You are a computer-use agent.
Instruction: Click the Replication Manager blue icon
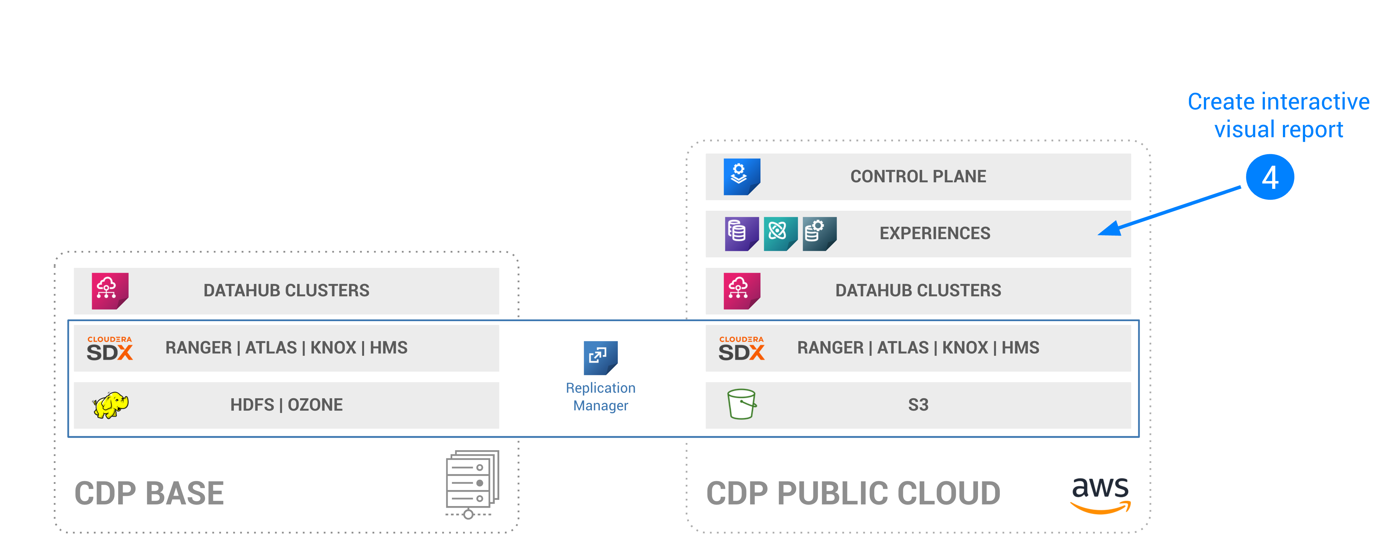coord(600,358)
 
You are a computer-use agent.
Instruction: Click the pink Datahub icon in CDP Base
coord(110,291)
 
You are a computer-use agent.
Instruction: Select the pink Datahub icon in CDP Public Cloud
coord(742,291)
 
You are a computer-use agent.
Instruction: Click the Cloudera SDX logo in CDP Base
coord(110,348)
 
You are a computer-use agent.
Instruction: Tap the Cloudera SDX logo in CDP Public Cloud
coord(742,348)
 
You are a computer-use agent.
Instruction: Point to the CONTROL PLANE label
coord(918,177)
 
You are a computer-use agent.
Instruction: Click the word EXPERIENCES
coord(935,233)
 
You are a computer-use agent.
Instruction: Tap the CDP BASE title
coord(149,494)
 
